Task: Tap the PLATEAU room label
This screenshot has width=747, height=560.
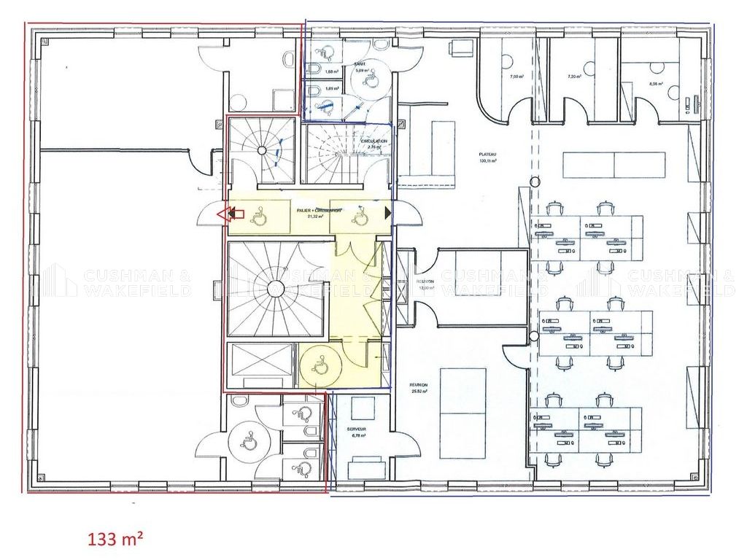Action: (488, 157)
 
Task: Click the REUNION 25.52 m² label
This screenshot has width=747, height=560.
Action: (419, 388)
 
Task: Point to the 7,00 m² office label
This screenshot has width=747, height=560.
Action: (516, 77)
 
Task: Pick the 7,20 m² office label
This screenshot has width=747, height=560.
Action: (575, 77)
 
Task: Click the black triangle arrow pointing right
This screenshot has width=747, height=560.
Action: (387, 214)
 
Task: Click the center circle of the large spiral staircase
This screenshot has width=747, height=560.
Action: (275, 289)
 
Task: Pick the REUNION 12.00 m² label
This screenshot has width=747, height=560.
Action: (426, 284)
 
